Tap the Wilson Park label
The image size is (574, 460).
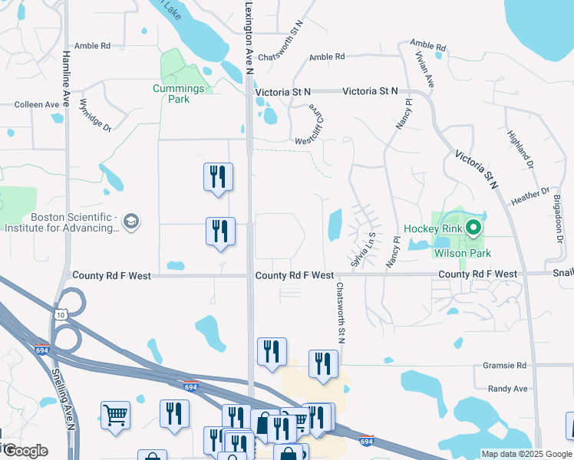click(462, 253)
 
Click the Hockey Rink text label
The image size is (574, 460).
click(434, 228)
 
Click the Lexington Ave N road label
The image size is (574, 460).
click(249, 38)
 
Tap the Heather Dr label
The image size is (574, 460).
click(530, 195)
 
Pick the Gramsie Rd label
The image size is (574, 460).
click(505, 366)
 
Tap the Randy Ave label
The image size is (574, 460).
click(507, 389)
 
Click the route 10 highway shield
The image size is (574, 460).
click(62, 313)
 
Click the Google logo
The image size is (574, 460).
click(25, 451)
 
